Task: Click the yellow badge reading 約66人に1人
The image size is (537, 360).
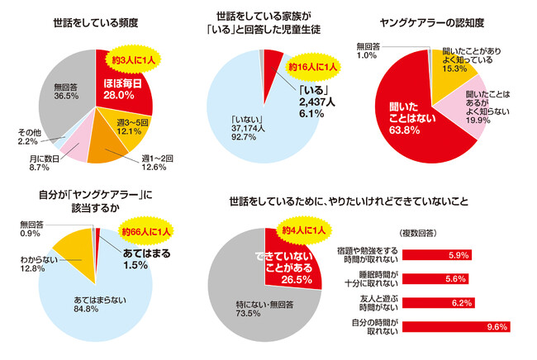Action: tap(145, 230)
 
